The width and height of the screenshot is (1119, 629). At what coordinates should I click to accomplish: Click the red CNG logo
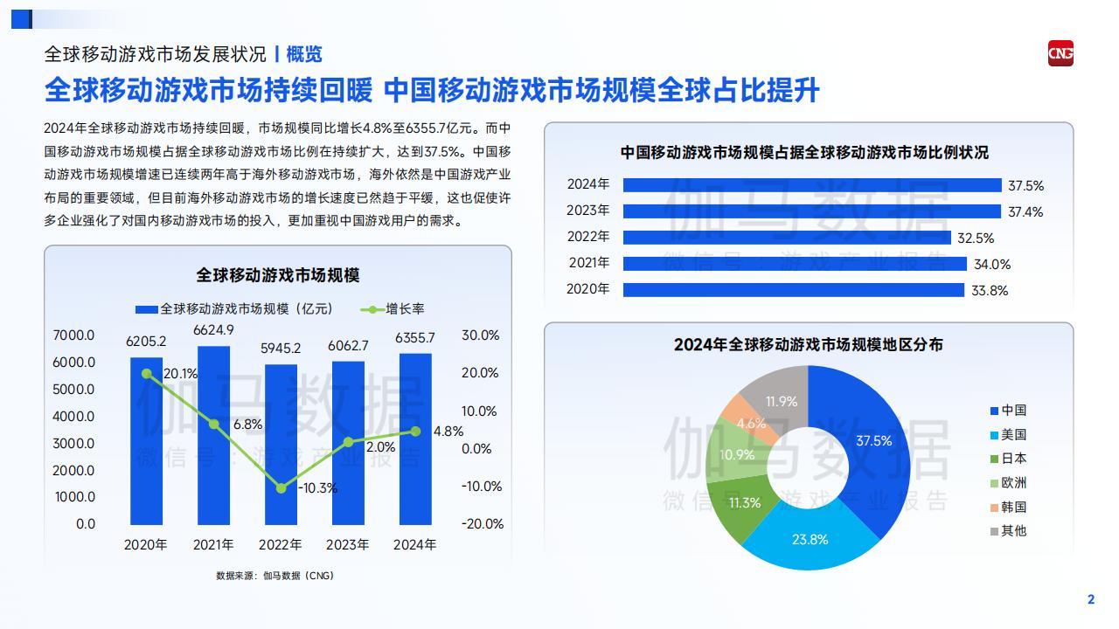1060,53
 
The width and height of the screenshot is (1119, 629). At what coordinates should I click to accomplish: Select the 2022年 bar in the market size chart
281,445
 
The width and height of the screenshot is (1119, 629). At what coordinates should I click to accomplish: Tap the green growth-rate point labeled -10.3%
281,487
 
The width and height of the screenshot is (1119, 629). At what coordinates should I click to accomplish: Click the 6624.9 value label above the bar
213,330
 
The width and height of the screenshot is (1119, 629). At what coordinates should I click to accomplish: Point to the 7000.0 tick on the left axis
73,335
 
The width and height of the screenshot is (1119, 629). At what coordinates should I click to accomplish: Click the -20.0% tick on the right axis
482,523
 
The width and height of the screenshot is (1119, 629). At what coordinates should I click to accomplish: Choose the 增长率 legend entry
393,309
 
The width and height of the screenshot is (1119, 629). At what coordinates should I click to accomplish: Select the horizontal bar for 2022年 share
787,238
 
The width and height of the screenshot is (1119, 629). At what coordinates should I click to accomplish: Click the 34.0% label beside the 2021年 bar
992,264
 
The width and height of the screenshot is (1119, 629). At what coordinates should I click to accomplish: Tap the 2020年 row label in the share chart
588,289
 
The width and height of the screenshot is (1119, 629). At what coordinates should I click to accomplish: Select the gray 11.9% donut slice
779,397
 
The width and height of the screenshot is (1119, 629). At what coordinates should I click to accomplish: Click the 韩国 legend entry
1008,508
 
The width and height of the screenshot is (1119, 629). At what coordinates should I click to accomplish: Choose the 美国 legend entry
1008,435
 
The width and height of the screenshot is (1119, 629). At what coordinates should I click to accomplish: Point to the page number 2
1091,599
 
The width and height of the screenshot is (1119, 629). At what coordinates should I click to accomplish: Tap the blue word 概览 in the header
304,54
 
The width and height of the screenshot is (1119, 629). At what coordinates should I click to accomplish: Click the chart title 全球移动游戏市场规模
278,275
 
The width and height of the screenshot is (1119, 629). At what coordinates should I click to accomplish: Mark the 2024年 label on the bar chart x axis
414,544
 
